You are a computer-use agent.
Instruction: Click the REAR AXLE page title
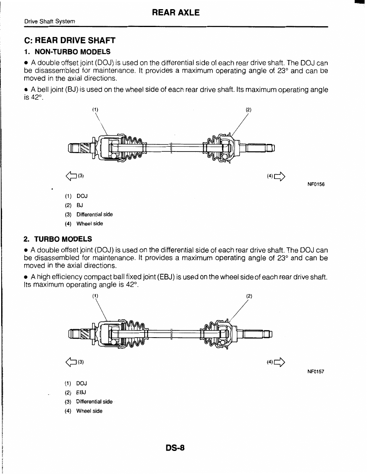176,13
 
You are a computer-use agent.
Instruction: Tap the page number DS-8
176,448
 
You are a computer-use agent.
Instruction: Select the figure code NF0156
316,185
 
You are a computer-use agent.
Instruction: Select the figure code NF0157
316,372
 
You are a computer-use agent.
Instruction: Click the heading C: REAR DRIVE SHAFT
70,41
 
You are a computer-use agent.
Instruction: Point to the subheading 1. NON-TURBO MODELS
67,52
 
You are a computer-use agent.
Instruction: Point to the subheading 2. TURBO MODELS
58,239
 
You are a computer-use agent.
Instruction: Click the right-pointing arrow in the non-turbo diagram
280,176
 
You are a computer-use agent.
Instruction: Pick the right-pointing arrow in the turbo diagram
280,362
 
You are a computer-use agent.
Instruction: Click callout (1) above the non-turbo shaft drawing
95,109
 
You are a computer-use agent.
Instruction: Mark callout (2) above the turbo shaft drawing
249,296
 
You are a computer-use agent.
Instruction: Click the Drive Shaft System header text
49,21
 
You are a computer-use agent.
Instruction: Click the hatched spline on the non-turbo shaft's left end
85,148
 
